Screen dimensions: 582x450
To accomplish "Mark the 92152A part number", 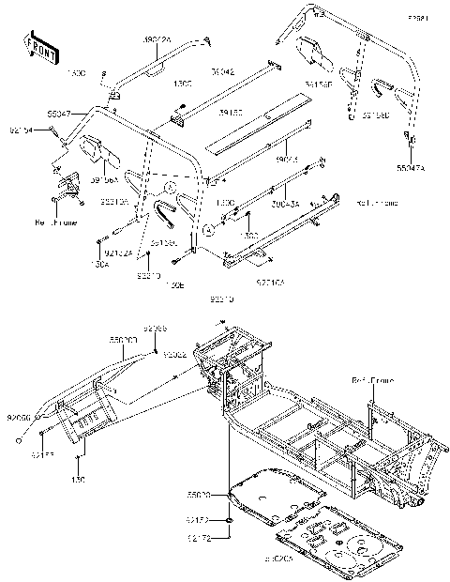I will [x=118, y=252].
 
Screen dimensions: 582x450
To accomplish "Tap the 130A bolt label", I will [x=101, y=266].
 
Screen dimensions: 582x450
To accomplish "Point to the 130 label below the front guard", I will [x=79, y=479].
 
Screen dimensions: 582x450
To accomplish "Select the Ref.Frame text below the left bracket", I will [x=52, y=224].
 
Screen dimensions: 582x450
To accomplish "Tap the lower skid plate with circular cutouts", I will [x=333, y=544].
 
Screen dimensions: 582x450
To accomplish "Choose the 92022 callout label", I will [x=174, y=356].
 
